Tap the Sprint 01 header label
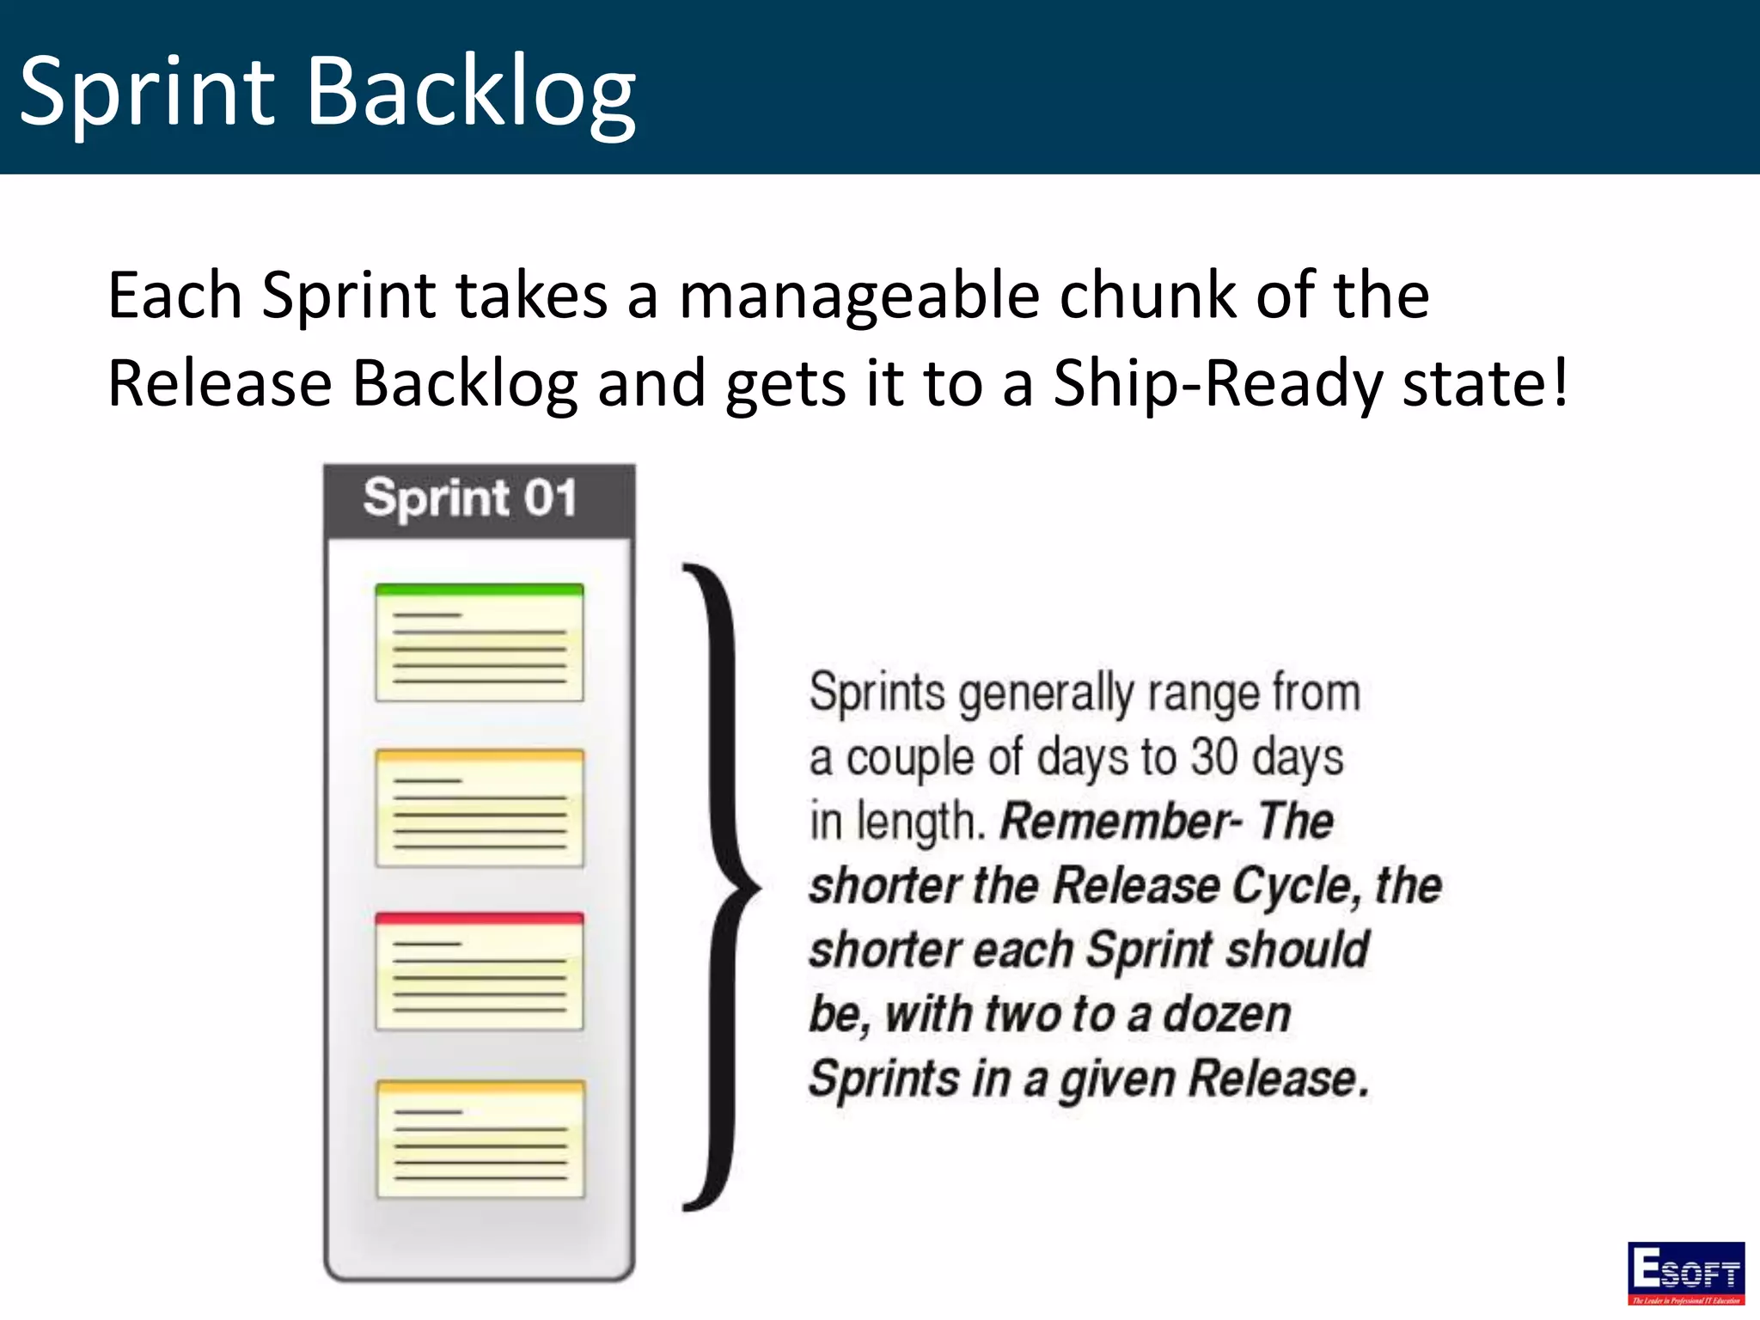pos(469,498)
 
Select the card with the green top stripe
pos(480,642)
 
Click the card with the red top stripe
pos(480,971)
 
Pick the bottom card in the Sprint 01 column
pos(480,1139)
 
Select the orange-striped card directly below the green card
pos(480,808)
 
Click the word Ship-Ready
pos(1219,383)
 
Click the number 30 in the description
pos(1214,758)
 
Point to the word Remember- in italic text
pos(1121,821)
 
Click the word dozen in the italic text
pos(1226,1014)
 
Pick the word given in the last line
pos(1116,1079)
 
